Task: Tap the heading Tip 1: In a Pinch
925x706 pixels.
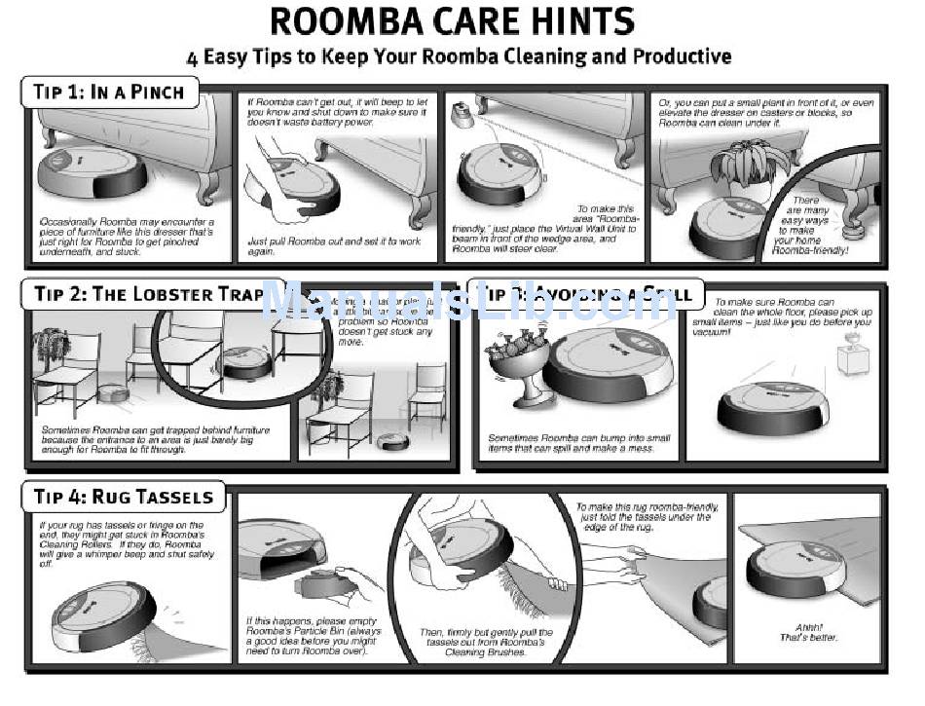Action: [109, 93]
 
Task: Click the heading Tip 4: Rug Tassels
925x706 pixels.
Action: [123, 497]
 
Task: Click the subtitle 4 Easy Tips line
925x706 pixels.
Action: [459, 56]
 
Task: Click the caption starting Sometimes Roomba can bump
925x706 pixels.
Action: [578, 443]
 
